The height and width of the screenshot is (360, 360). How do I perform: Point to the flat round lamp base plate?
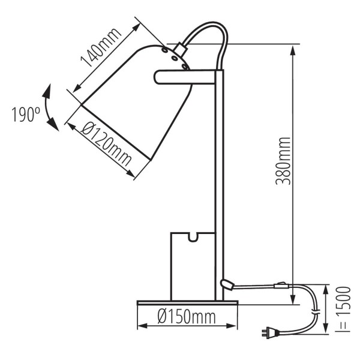pos(187,302)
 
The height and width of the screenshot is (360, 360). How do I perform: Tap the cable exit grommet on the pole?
pos(227,283)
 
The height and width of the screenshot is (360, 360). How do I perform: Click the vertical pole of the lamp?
pos(219,180)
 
